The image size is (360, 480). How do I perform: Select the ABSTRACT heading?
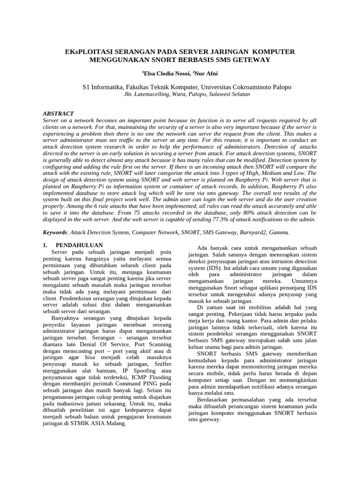click(58, 113)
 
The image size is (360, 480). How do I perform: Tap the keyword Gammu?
click(279, 232)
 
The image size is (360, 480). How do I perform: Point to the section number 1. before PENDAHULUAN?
click(45, 245)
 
